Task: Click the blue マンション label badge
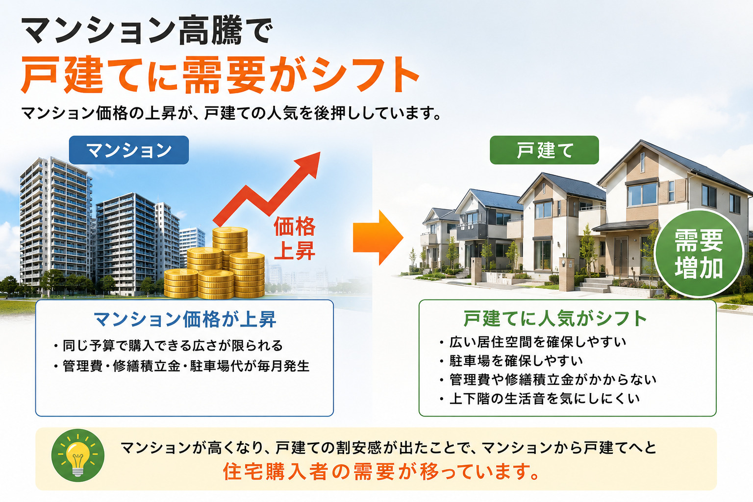tap(129, 150)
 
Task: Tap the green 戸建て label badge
tap(544, 150)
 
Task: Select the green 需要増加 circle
tap(699, 253)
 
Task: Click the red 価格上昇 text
tap(295, 238)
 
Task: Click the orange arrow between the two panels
tap(378, 238)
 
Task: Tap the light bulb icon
tap(78, 455)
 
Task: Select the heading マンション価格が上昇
tap(185, 320)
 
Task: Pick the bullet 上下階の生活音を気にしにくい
tap(540, 399)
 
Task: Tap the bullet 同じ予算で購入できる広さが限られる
tap(169, 346)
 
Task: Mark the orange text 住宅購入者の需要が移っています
tap(382, 472)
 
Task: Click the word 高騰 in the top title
tap(210, 31)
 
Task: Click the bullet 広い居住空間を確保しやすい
tap(533, 342)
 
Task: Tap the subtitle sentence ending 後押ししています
tap(231, 113)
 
